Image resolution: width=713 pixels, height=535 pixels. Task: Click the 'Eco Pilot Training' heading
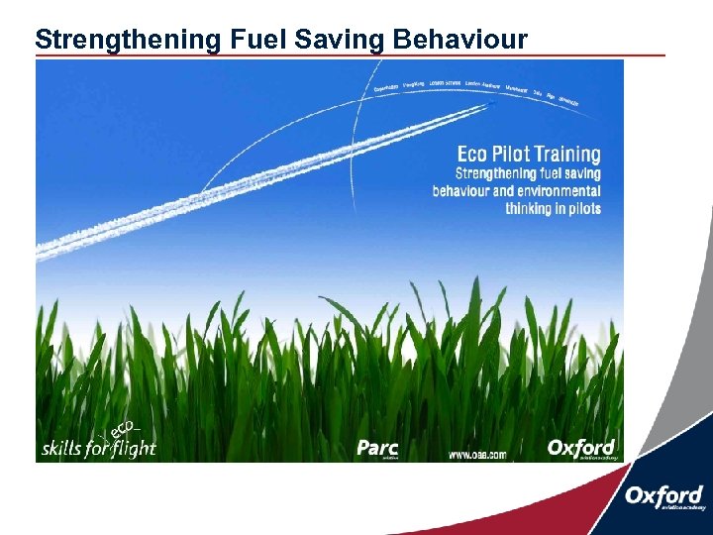528,155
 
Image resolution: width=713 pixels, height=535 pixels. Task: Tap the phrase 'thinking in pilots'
553,208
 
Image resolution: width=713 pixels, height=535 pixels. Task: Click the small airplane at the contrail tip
492,101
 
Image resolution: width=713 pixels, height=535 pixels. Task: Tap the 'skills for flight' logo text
98,448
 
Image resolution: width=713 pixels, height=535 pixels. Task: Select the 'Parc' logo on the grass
377,448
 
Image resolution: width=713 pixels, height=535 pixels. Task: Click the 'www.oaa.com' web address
476,455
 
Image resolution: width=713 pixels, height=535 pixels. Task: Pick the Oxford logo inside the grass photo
582,448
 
